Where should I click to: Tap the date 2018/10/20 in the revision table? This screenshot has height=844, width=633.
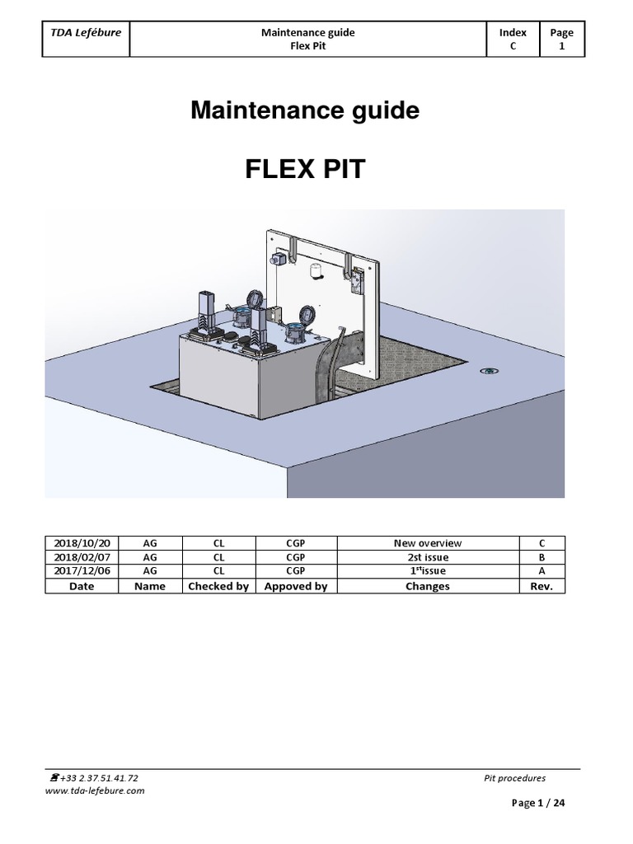(82, 543)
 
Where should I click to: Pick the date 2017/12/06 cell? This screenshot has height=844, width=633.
(82, 570)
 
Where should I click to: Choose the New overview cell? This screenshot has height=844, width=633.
(428, 543)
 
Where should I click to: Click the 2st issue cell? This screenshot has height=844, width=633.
(428, 557)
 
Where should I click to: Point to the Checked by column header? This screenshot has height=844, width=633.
(218, 586)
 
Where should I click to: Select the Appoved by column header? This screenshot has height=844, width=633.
(296, 586)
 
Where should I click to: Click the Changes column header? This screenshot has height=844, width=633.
(428, 586)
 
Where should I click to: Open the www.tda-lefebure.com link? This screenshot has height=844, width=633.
(95, 790)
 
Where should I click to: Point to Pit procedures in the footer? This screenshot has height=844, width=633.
(514, 777)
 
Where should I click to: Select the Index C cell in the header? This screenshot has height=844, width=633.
(513, 40)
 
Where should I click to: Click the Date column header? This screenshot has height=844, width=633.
(82, 586)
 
